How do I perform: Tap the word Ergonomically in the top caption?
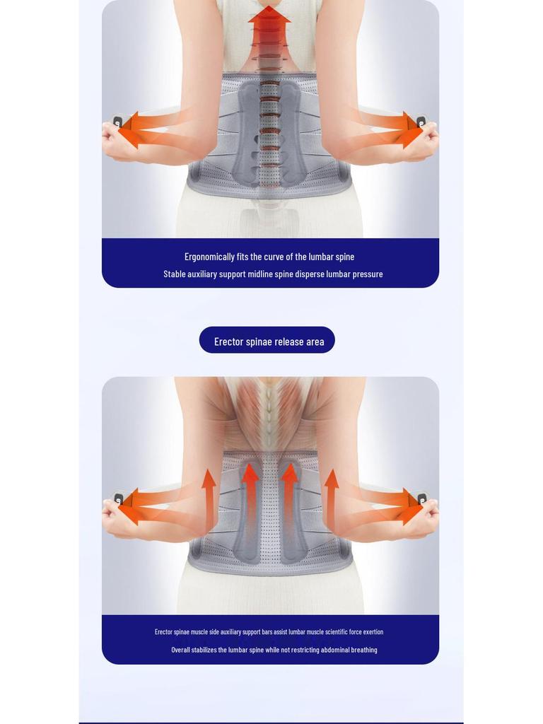pos(209,257)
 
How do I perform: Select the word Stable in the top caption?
pos(175,274)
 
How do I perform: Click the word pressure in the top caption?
pos(367,274)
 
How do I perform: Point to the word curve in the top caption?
pos(273,257)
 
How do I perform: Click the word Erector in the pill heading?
pos(228,342)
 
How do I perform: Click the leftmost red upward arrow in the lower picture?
pos(209,495)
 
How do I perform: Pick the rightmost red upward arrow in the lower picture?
pos(332,495)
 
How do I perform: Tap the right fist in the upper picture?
pos(425,140)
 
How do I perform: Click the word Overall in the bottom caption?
pos(180,650)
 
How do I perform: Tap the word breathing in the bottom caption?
pos(362,650)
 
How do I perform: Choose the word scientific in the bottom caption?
pos(339,632)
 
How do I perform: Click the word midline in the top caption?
pos(260,274)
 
